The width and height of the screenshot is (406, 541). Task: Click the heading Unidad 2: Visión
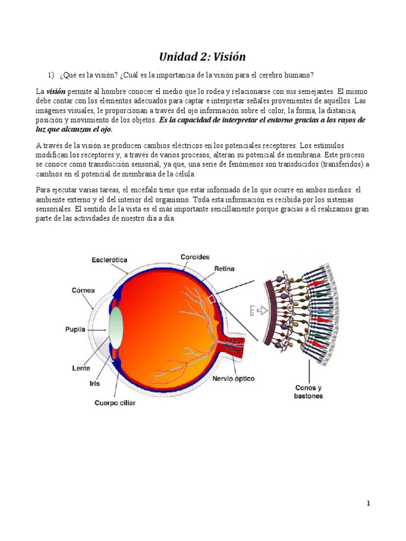[203, 57]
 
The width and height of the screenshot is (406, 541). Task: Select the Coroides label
[195, 257]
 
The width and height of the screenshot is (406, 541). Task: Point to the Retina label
[224, 269]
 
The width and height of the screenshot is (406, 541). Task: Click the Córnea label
[84, 290]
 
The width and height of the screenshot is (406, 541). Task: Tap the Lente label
[80, 368]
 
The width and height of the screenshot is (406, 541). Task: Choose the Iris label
[95, 383]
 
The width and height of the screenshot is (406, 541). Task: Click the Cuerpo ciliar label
[115, 403]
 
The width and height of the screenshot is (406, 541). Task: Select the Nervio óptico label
[234, 379]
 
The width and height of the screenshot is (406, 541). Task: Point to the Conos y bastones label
[308, 391]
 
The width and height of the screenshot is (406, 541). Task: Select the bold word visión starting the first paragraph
[56, 91]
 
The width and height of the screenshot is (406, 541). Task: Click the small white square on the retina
[213, 300]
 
